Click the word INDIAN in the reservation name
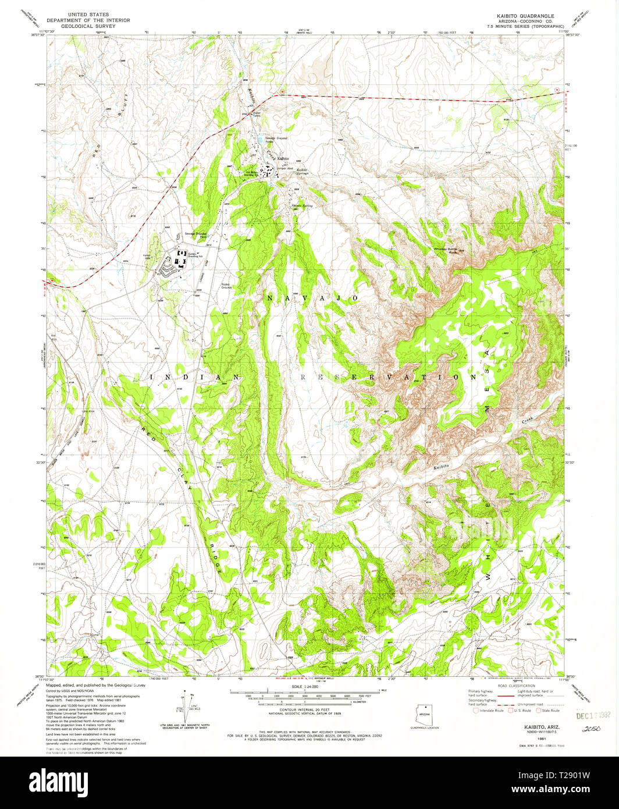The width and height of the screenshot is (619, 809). pos(194,377)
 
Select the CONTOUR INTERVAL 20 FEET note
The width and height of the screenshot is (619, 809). pos(305,711)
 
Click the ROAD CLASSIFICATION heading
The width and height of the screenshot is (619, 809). pos(513,686)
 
